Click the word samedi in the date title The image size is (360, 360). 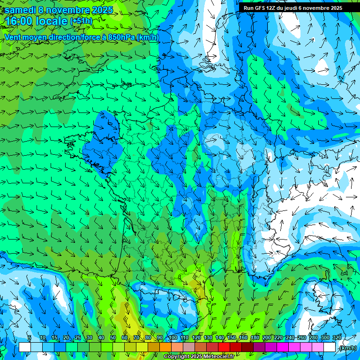[21, 9]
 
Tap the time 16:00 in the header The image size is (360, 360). [20, 21]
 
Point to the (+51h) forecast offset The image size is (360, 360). [81, 21]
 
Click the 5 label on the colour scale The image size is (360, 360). [30, 338]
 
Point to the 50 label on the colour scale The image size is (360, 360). [113, 338]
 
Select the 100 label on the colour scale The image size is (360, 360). [172, 338]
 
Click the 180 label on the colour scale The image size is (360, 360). [255, 338]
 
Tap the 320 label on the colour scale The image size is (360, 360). [337, 338]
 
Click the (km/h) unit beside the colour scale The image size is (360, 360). [347, 348]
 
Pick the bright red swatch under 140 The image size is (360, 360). [224, 347]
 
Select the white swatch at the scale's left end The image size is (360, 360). [25, 347]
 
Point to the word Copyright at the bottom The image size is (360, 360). [176, 357]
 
